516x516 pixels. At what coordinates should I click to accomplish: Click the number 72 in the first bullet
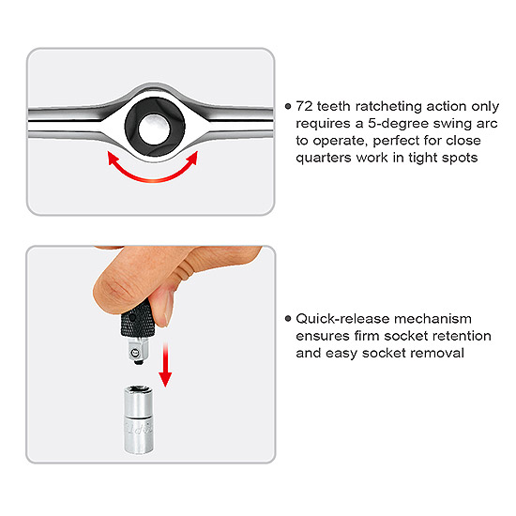point(304,106)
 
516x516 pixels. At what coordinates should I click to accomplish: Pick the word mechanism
point(433,319)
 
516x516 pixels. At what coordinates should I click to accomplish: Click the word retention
point(462,336)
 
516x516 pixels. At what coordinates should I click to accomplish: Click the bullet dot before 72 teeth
point(288,106)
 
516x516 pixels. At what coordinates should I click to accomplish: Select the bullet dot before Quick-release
point(288,319)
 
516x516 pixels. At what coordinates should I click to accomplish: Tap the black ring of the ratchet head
point(131,127)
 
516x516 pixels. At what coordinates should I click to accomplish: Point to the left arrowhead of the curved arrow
point(113,158)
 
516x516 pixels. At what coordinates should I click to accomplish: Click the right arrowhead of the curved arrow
point(192,158)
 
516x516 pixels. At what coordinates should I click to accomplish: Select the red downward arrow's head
point(165,379)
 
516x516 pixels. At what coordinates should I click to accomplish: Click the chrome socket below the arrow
point(139,420)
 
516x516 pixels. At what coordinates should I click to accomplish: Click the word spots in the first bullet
point(460,159)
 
